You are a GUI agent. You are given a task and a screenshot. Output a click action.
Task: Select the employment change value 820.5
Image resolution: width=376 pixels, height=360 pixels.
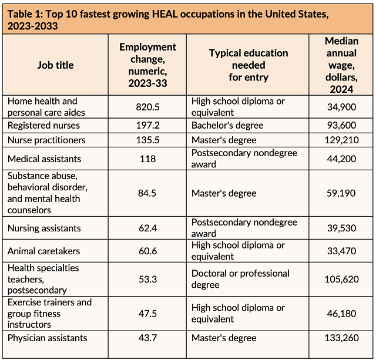pos(148,106)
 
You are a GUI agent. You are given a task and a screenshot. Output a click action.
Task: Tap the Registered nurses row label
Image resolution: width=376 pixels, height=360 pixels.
pos(43,125)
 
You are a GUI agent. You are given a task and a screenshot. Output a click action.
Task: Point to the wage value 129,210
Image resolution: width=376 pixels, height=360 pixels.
pos(341,140)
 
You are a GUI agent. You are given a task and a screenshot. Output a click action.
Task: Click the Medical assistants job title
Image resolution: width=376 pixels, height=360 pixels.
pos(44,159)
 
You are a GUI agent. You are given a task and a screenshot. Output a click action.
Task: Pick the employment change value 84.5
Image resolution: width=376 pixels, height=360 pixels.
pos(148,193)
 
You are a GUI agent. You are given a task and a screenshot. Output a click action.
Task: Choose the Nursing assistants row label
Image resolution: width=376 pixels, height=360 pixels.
pos(44,228)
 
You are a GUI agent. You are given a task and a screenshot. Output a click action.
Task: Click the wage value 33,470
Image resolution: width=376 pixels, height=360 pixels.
pos(341,251)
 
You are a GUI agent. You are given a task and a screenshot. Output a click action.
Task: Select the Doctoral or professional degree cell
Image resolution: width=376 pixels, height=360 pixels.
pos(240,279)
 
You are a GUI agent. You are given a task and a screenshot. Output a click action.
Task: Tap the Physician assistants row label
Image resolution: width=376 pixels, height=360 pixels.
pos(47,338)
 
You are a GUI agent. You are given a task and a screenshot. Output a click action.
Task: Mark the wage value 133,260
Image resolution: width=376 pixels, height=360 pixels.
pos(341,338)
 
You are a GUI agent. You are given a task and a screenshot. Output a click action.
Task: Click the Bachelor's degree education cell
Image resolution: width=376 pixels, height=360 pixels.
pos(227,125)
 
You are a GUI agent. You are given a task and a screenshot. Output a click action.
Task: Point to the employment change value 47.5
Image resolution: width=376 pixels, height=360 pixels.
pos(148,313)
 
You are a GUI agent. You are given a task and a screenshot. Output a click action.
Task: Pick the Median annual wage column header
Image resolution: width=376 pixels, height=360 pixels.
pos(341,65)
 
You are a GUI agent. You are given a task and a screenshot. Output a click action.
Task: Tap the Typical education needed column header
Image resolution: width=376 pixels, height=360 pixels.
pos(249,65)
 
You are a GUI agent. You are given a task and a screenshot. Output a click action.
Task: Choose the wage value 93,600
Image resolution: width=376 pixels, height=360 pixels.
pos(341,125)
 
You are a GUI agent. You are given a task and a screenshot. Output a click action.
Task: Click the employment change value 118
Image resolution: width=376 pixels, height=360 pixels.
pos(148,159)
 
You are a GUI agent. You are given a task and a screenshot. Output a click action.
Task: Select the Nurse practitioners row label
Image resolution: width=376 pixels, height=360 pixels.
pos(46,140)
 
